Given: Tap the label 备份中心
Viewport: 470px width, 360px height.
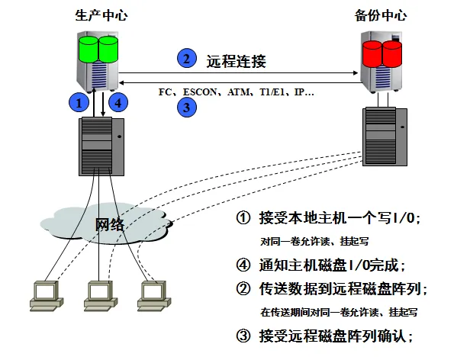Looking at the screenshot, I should [381, 14].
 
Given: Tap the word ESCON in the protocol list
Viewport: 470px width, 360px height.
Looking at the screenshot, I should [205, 92].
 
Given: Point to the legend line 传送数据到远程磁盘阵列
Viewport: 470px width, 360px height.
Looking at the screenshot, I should [340, 289].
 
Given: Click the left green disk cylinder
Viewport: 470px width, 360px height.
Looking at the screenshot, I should [89, 48].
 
